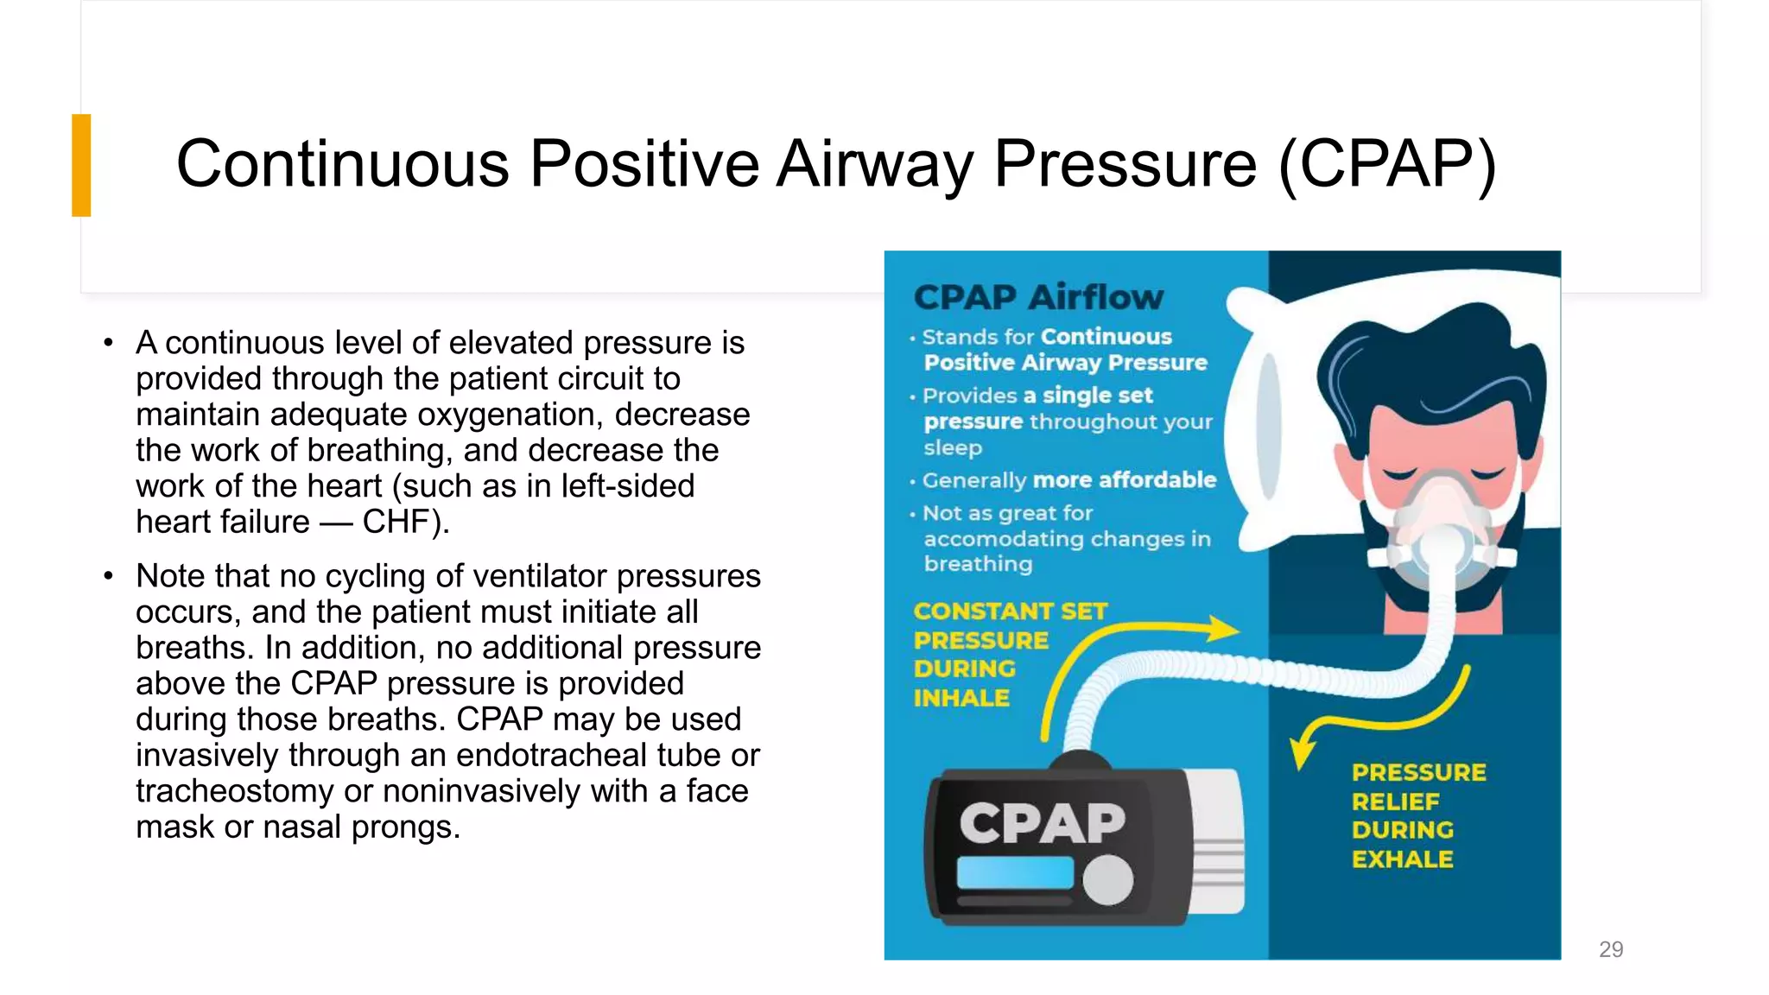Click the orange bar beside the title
(81, 165)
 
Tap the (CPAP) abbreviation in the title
(1385, 164)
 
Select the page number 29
(1611, 949)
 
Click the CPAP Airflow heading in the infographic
(1038, 297)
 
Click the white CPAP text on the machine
(1042, 822)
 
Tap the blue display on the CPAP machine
(1014, 873)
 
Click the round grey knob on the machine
(1108, 880)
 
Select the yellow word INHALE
(961, 698)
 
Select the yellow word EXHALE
(1403, 859)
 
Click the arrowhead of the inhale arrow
(1224, 628)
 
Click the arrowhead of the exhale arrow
(1300, 754)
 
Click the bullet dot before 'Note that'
(108, 576)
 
